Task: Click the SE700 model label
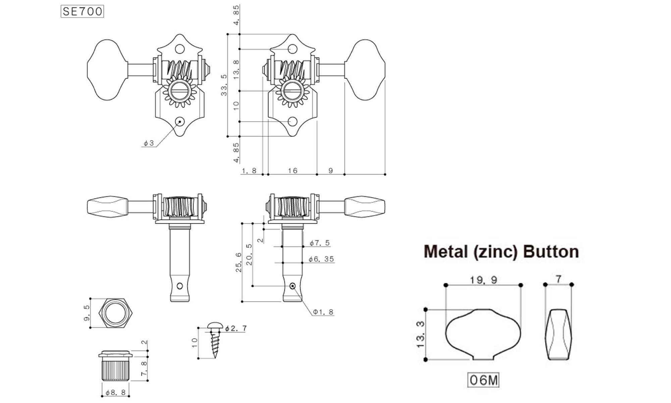pyautogui.click(x=82, y=12)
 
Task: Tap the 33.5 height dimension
pyautogui.click(x=224, y=85)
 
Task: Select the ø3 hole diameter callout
pyautogui.click(x=149, y=143)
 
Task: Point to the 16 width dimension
pyautogui.click(x=293, y=171)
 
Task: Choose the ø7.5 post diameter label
pyautogui.click(x=320, y=243)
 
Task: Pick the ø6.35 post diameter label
pyautogui.click(x=321, y=259)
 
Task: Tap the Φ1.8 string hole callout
pyautogui.click(x=323, y=312)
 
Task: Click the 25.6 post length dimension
pyautogui.click(x=239, y=262)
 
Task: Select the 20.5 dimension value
pyautogui.click(x=249, y=255)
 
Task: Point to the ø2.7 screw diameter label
pyautogui.click(x=236, y=328)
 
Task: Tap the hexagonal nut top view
pyautogui.click(x=116, y=313)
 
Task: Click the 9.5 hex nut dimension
pyautogui.click(x=87, y=313)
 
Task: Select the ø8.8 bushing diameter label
pyautogui.click(x=115, y=392)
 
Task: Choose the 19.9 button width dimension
pyautogui.click(x=483, y=280)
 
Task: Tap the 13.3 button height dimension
pyautogui.click(x=420, y=334)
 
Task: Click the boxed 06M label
pyautogui.click(x=483, y=380)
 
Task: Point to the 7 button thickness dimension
pyautogui.click(x=558, y=278)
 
